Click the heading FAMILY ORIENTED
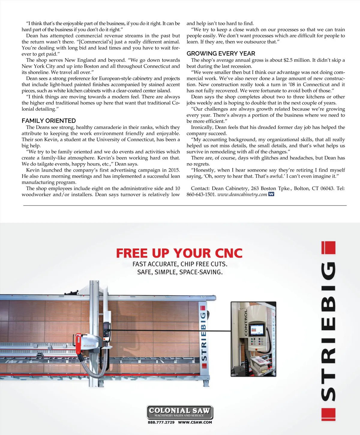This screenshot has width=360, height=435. coord(49,121)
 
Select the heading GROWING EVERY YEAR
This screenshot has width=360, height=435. coord(221,53)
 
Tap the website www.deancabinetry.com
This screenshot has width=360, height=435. coord(242,194)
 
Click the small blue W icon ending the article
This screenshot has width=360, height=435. coord(271,194)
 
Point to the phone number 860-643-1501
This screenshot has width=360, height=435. coord(201,194)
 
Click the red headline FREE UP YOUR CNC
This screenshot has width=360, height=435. coord(179,253)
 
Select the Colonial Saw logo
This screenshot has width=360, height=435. coord(180,412)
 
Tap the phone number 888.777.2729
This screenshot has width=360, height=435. coord(161,422)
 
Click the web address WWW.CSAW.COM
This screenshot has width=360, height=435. coord(195,422)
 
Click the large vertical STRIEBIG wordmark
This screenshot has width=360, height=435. coord(328,330)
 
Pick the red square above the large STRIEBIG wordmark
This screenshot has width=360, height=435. coord(328,248)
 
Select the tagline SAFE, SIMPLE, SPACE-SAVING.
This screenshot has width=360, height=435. coord(180,272)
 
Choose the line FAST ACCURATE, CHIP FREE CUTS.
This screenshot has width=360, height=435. coord(180,264)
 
